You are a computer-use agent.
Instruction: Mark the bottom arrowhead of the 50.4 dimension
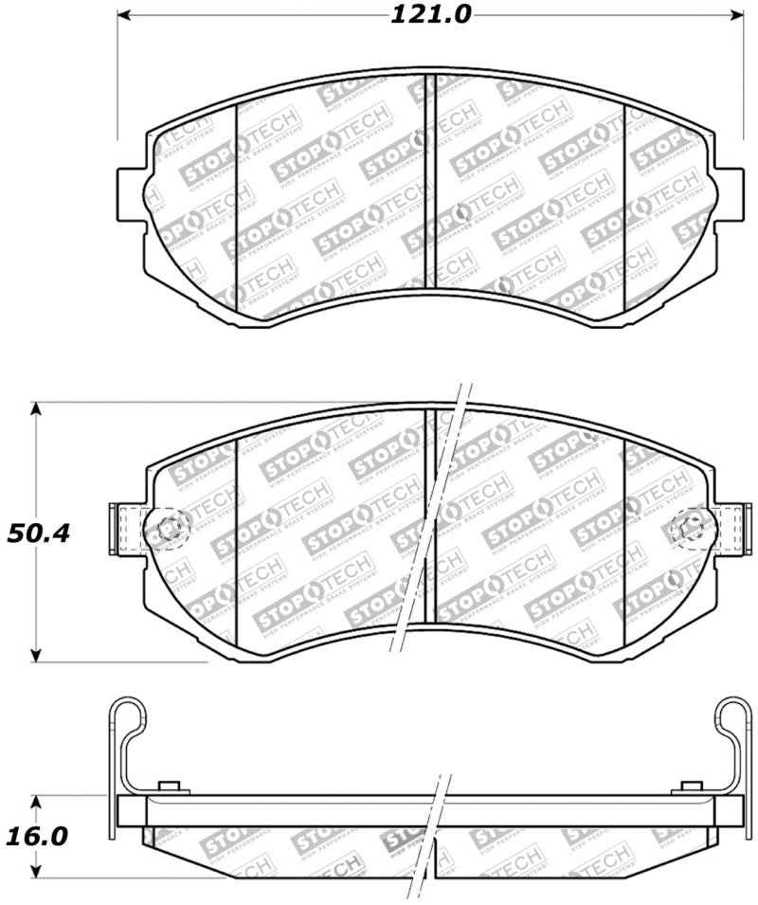coord(36,655)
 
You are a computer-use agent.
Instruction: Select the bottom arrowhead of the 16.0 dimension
coord(36,875)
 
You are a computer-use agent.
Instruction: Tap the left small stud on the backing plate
coord(171,788)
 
